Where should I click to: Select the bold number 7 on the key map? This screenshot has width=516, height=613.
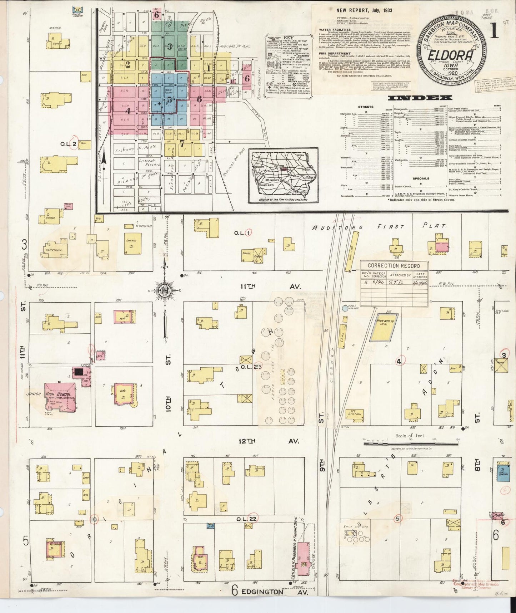coord(182,143)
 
